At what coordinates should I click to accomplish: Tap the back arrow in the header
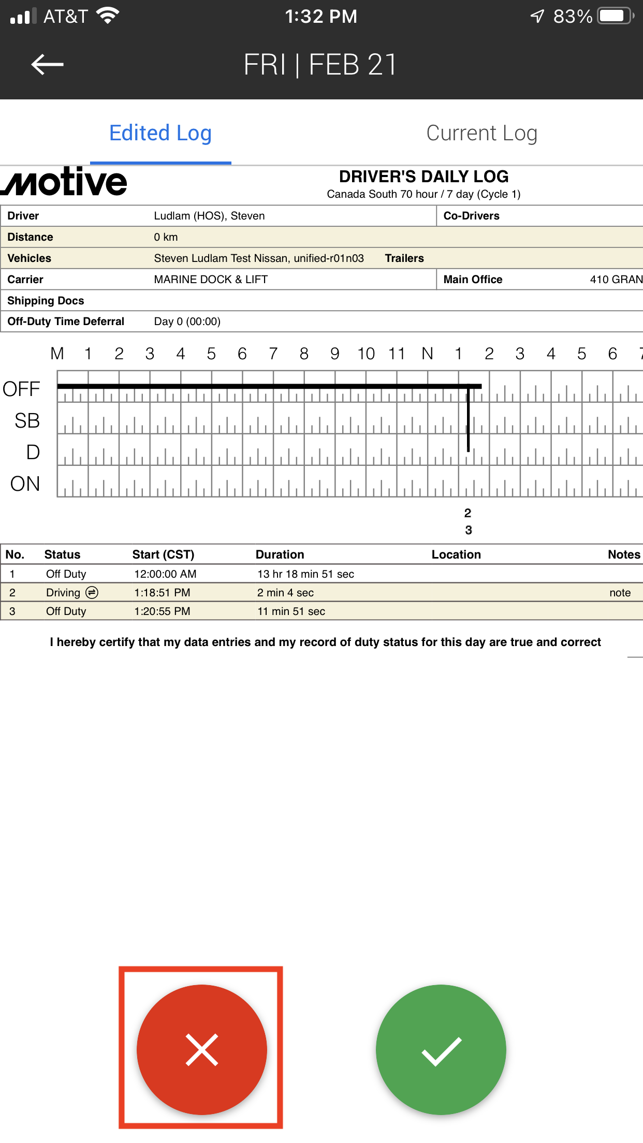coord(47,65)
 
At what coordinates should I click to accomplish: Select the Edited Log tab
coord(160,134)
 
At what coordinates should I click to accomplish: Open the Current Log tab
coord(481,134)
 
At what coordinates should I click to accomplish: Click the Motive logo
coord(65,182)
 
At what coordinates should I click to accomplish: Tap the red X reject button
coord(201,1049)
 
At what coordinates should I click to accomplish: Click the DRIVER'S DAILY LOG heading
coord(423,177)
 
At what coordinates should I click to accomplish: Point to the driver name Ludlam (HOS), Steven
coord(209,216)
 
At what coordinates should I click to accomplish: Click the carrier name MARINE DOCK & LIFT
coord(211,280)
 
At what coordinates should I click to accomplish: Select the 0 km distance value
coord(166,237)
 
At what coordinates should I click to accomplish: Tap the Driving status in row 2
coord(63,593)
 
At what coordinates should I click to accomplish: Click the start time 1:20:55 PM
coord(162,611)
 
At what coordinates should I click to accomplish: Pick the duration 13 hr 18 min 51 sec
coord(305,574)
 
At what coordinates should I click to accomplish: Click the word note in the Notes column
coord(620,593)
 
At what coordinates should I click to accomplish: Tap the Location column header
coord(456,555)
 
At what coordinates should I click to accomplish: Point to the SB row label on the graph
coord(27,421)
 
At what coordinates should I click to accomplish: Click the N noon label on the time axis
coord(427,354)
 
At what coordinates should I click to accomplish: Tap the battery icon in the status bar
coord(615,16)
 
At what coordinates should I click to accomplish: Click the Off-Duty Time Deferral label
coord(66,321)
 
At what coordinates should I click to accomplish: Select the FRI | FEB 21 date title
coord(320,65)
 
